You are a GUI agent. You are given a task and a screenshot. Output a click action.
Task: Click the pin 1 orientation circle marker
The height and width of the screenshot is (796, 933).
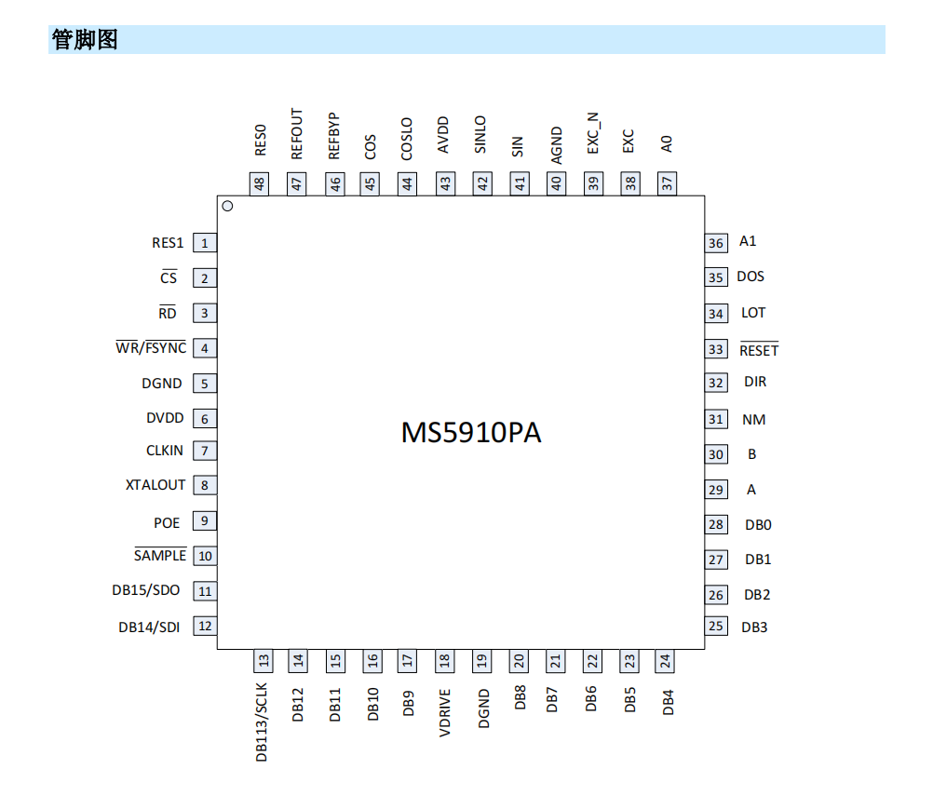click(x=227, y=206)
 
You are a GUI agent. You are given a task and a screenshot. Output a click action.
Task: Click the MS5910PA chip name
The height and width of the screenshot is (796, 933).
click(x=471, y=433)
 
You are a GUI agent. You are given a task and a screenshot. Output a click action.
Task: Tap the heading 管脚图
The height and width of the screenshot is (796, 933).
click(x=85, y=39)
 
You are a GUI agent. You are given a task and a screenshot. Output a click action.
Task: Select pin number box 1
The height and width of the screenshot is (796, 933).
click(x=205, y=243)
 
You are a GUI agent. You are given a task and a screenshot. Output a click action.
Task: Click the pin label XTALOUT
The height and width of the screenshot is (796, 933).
click(x=155, y=485)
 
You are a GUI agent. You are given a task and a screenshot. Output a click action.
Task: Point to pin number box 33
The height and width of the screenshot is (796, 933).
click(x=716, y=349)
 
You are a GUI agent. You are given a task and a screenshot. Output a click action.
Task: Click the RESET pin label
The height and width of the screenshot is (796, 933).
click(x=759, y=350)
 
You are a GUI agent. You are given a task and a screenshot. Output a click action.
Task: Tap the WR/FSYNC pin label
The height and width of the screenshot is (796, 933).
click(x=151, y=347)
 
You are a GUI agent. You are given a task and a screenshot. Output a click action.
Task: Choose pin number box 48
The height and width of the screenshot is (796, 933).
click(x=259, y=183)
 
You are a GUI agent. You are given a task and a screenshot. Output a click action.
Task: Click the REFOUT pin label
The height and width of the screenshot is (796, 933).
click(x=296, y=134)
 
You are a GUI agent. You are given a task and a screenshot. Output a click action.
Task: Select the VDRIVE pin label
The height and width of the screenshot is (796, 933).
click(x=444, y=713)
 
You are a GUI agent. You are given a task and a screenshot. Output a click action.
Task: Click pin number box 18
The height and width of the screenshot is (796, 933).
click(x=444, y=661)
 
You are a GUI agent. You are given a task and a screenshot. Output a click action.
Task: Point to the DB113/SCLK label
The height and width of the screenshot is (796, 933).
click(x=262, y=722)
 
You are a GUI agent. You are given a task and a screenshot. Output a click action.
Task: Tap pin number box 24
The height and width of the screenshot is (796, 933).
click(x=665, y=661)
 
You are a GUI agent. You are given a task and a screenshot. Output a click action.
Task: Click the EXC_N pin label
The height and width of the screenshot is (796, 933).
click(x=592, y=132)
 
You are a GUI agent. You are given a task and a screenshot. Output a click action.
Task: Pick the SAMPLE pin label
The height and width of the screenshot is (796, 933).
click(x=160, y=555)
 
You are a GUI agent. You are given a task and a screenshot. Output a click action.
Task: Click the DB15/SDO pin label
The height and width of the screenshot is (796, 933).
click(x=146, y=590)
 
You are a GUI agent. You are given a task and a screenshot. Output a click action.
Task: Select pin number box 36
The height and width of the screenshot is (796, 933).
click(x=716, y=243)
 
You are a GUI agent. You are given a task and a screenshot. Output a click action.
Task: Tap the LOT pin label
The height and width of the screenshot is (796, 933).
click(x=753, y=312)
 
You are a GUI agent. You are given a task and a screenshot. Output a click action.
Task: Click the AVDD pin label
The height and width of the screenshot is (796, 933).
click(x=442, y=135)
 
